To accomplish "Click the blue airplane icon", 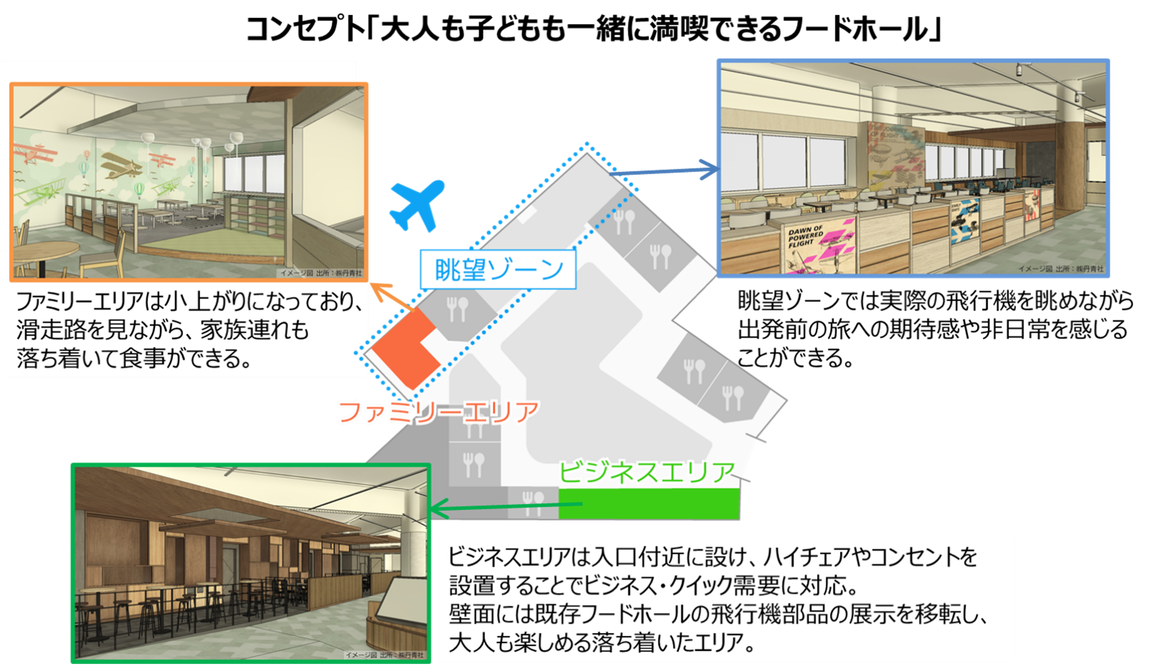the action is (417, 205).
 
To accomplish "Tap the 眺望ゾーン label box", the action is (498, 270).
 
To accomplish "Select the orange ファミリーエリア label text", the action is (438, 411).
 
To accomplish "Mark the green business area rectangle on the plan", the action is (649, 504).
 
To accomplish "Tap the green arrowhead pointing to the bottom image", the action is (437, 510).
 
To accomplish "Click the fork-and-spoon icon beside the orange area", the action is (457, 309).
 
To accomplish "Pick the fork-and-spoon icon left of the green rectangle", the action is (533, 502).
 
